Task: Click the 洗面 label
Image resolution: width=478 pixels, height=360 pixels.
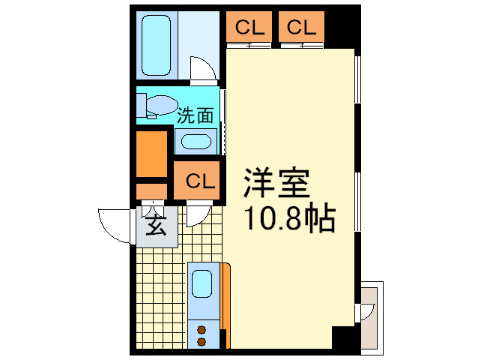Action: click(196, 115)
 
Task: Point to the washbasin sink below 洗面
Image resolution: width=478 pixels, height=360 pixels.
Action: click(196, 141)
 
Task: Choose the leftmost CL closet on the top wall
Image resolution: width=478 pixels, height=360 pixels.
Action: click(250, 28)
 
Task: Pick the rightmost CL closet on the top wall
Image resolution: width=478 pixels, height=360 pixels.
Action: click(300, 28)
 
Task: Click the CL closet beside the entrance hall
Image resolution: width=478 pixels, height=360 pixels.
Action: click(199, 181)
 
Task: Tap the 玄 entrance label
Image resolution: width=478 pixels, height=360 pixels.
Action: click(156, 226)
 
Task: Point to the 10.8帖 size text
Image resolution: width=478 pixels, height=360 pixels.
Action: click(288, 219)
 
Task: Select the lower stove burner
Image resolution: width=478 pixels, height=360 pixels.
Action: click(201, 341)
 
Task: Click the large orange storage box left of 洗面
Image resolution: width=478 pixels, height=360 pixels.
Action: click(152, 153)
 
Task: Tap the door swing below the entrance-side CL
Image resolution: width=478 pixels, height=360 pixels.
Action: click(196, 216)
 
